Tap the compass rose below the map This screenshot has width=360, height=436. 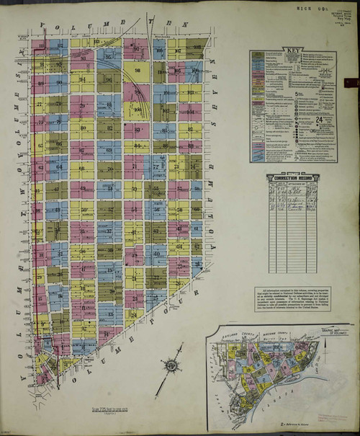172,365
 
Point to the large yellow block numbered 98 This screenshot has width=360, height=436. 137,70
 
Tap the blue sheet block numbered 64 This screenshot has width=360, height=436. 60,167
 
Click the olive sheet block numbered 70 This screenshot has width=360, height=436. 110,168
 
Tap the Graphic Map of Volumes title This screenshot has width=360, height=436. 328,334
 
